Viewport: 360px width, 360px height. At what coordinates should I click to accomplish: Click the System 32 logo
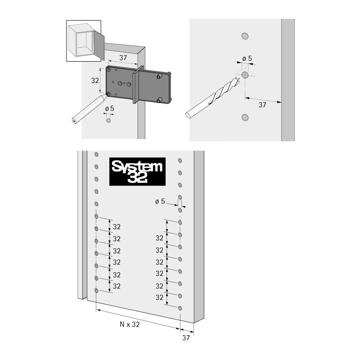point(137,171)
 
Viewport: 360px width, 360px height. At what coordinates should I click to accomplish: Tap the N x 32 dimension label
point(130,324)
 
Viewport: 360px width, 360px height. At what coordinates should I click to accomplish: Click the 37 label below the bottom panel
point(186,338)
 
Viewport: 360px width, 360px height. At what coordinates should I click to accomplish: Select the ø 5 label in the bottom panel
point(160,201)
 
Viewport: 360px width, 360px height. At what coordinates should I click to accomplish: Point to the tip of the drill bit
point(239,79)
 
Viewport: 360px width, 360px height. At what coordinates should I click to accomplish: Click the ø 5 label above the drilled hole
point(247,58)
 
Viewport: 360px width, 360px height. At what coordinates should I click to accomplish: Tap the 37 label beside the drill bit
point(262,105)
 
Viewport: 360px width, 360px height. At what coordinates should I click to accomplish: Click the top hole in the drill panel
point(245,36)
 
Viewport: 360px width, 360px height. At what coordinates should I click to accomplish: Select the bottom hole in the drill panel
point(245,117)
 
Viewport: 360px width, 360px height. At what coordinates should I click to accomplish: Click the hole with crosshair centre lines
point(245,75)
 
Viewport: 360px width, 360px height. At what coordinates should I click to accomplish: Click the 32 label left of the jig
point(95,81)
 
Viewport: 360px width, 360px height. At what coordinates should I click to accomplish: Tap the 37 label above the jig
point(123,58)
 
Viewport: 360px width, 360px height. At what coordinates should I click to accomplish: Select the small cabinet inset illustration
point(84,41)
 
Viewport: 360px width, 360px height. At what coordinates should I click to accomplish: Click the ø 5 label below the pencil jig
point(109,108)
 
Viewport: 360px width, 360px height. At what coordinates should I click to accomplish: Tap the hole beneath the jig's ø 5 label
point(108,120)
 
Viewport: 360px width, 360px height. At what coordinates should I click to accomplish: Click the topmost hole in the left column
point(96,154)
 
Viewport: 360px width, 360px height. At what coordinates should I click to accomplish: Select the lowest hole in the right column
point(180,308)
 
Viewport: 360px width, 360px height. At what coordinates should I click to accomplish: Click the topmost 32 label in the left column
point(117,227)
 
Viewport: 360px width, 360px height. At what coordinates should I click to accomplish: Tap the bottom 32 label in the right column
point(159,297)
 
